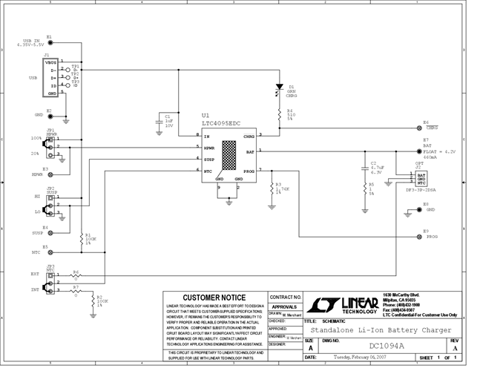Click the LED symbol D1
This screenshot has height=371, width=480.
279,88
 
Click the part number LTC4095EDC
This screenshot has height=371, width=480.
223,123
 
